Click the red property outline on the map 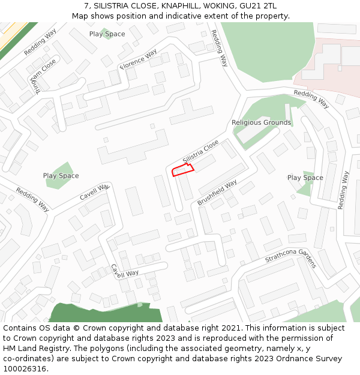coord(183,170)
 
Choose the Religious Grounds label coord(261,122)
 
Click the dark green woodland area coord(102,313)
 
